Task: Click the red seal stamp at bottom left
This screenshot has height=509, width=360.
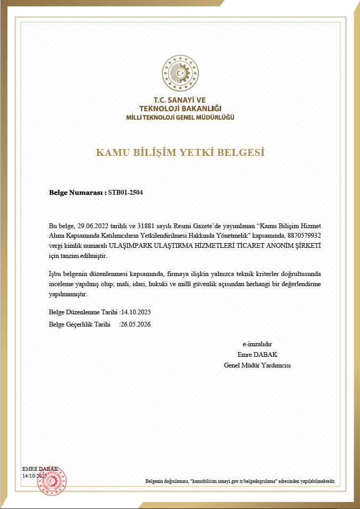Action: [51, 480]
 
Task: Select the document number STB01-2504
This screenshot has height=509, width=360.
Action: [125, 193]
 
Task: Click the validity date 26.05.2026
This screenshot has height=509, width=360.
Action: [136, 324]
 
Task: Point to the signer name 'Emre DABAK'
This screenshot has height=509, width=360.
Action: [257, 354]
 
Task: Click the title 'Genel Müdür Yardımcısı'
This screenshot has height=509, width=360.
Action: [257, 365]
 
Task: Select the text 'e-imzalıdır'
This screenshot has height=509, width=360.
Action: [257, 344]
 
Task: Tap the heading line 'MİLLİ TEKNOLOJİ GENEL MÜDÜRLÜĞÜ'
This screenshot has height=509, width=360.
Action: [180, 117]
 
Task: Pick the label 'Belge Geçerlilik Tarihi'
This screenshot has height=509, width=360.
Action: [79, 324]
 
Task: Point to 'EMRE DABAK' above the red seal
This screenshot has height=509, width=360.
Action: [40, 469]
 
